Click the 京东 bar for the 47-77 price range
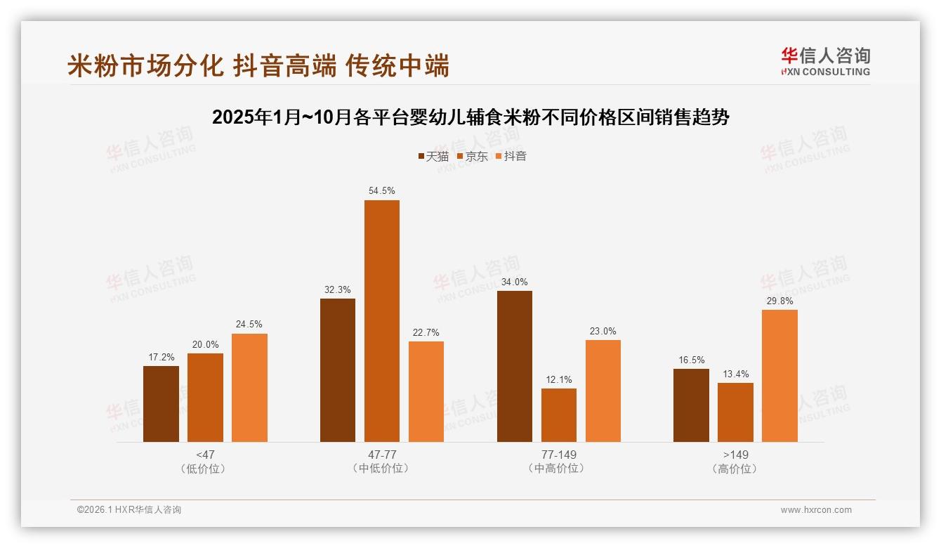(381, 321)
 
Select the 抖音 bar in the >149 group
(779, 376)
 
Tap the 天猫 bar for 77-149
(514, 366)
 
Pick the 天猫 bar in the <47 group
(161, 404)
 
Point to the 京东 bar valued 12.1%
(558, 415)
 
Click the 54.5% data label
(381, 190)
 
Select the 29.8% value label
(779, 300)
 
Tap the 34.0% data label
(514, 282)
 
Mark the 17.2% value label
(161, 357)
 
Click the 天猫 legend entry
(433, 157)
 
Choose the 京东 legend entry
(472, 157)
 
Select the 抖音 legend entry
(511, 157)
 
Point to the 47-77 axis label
(381, 455)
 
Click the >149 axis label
(735, 455)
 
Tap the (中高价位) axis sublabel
(558, 469)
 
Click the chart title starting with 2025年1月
(470, 117)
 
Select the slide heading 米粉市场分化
(258, 66)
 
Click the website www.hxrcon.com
(816, 510)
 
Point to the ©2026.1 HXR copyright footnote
(129, 510)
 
